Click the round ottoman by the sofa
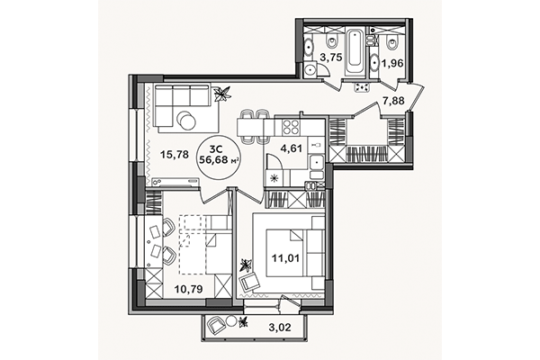coord(186,119)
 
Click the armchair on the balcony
coord(218,326)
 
